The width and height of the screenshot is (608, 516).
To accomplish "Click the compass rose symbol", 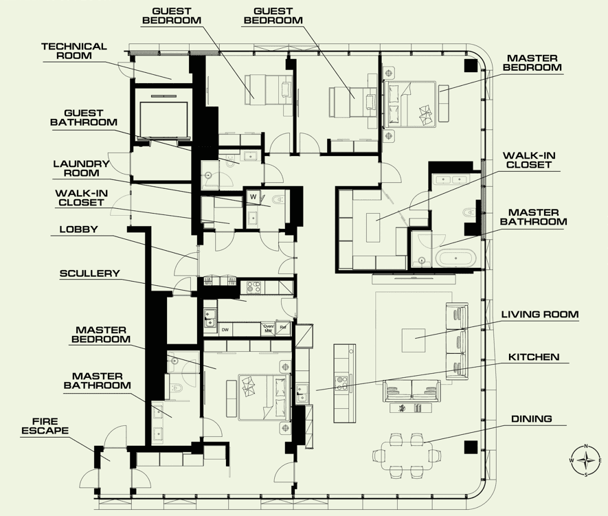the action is pyautogui.click(x=586, y=460).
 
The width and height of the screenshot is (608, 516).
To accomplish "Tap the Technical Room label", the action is pyautogui.click(x=74, y=51).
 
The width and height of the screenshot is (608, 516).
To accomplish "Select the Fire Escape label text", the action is pyautogui.click(x=45, y=426).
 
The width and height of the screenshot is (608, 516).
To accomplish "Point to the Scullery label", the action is pyautogui.click(x=89, y=273).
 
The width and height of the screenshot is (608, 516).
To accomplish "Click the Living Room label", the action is pyautogui.click(x=540, y=315).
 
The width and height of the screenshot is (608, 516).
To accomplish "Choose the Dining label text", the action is pyautogui.click(x=531, y=418).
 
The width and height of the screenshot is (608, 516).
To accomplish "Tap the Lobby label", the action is pyautogui.click(x=78, y=229).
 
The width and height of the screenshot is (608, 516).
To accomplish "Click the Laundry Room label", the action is pyautogui.click(x=82, y=168).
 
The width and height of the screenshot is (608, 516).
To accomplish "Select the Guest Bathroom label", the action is pyautogui.click(x=84, y=117).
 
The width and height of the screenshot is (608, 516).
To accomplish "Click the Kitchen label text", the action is pyautogui.click(x=534, y=357).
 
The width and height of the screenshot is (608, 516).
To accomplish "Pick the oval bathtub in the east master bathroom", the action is pyautogui.click(x=455, y=258).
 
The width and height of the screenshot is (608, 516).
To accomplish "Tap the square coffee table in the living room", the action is pyautogui.click(x=414, y=340).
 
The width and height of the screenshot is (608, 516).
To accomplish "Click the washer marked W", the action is pyautogui.click(x=254, y=197).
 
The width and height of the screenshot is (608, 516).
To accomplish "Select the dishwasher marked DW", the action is pyautogui.click(x=225, y=330).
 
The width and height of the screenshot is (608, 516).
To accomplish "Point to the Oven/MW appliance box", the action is pyautogui.click(x=269, y=329).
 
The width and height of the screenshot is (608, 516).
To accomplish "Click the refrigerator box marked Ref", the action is pyautogui.click(x=283, y=328).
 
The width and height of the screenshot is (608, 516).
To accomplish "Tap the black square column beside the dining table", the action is pyautogui.click(x=471, y=447).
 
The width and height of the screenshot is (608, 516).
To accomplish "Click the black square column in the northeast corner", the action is pyautogui.click(x=471, y=65).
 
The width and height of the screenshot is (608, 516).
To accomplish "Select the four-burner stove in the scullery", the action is pyautogui.click(x=254, y=287).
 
